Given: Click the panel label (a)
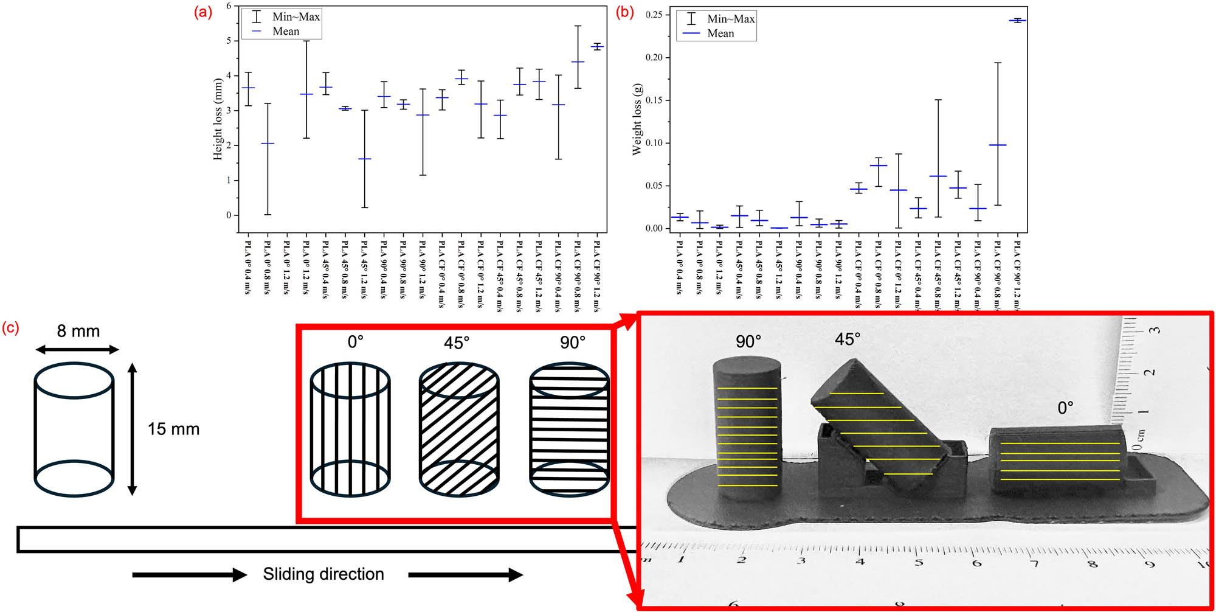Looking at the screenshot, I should point(202,12).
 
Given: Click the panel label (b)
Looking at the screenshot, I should point(625,12).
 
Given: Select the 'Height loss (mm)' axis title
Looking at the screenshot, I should point(218,119).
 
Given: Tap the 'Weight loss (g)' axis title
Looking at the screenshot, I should point(637,119).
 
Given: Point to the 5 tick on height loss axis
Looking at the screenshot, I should point(229,41).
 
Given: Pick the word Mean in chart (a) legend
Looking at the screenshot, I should point(286,32).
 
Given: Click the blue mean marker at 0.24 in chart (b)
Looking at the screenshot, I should point(1017,21).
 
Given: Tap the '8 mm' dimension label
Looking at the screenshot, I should point(78,331).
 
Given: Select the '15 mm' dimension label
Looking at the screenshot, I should point(173,429).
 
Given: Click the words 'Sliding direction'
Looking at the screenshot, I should point(323,574).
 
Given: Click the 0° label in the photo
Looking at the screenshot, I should point(1065,408).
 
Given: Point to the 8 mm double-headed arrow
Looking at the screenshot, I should point(77,349).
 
